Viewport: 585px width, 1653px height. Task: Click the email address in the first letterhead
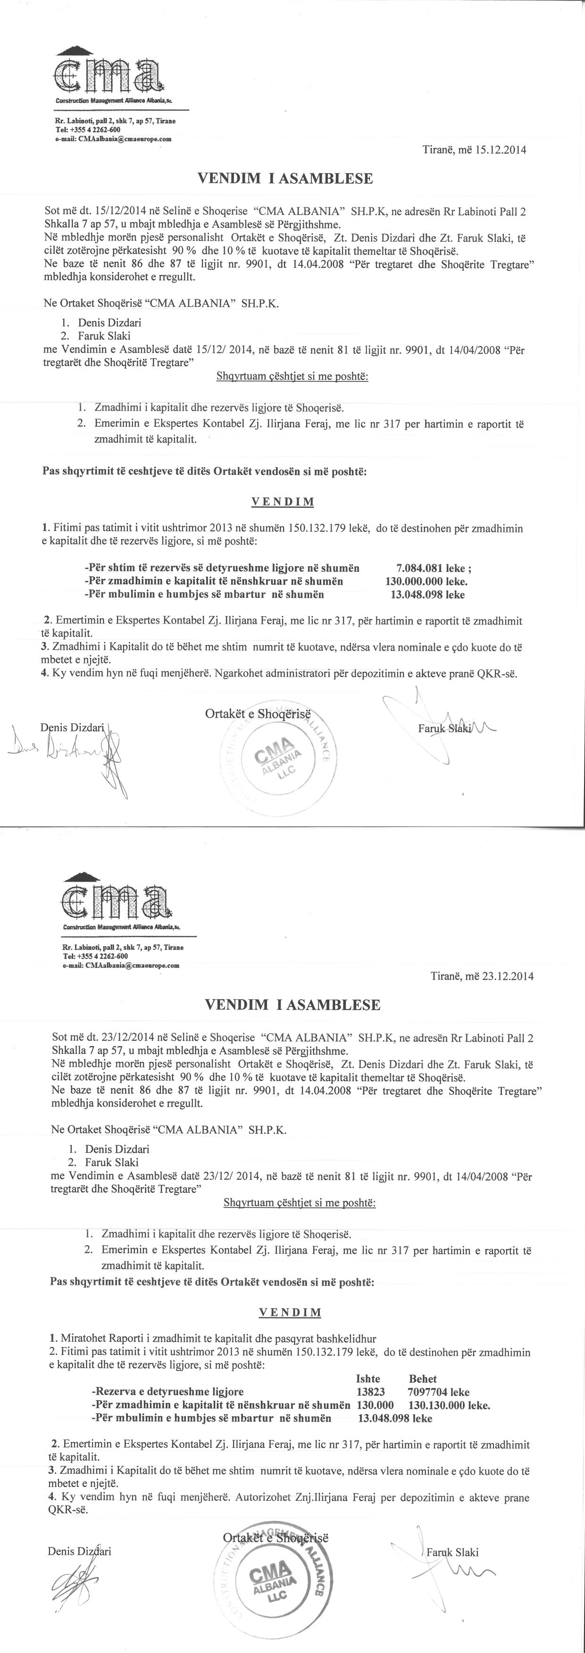click(116, 138)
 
